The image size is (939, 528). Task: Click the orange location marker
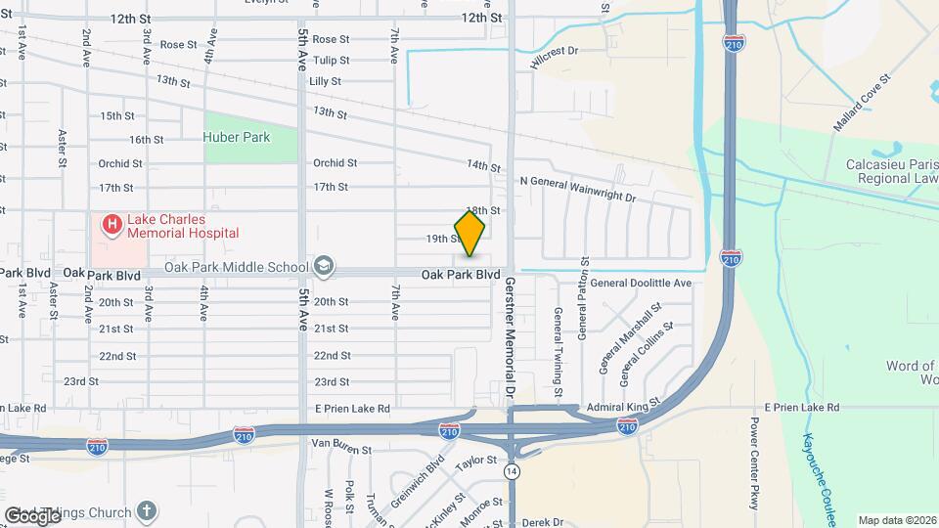[469, 234]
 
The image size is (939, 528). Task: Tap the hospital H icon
[112, 225]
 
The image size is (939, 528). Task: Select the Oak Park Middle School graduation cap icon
[324, 267]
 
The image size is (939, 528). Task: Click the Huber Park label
[237, 138]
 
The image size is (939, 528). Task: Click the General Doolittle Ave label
[641, 283]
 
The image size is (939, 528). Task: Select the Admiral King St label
[624, 405]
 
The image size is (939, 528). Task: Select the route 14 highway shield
[511, 471]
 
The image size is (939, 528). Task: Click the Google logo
[33, 514]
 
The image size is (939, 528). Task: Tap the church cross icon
[146, 511]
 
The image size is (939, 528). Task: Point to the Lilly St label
[325, 82]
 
